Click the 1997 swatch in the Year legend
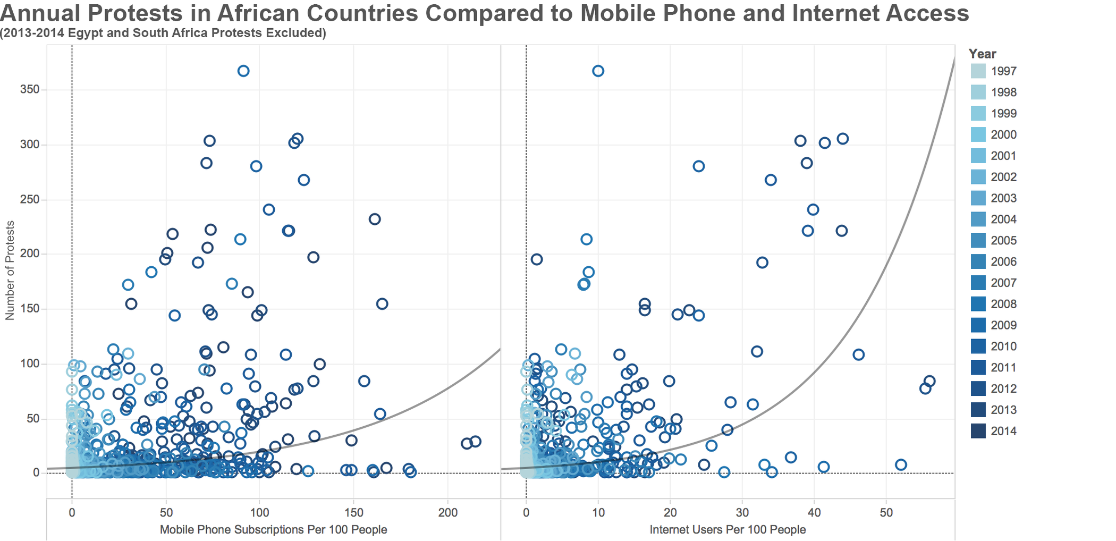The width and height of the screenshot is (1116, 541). tap(978, 71)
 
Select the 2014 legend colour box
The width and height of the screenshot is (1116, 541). tap(978, 431)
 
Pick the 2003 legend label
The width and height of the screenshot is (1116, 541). tap(1004, 198)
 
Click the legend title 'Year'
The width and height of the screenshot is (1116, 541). tap(982, 54)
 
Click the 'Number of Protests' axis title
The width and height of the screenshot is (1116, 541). tap(10, 270)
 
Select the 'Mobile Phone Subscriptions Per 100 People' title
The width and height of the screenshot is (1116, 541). tap(274, 529)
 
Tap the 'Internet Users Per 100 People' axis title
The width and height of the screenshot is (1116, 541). tap(728, 529)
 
